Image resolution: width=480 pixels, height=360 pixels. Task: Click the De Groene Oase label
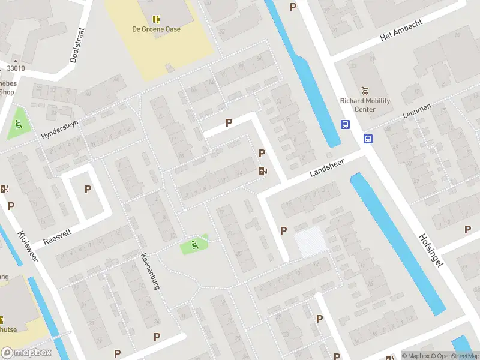pos(156,29)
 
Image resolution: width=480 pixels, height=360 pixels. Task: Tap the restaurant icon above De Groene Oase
pos(156,19)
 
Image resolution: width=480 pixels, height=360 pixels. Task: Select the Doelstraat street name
pos(76,44)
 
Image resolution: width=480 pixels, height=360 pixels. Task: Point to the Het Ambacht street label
pos(401,30)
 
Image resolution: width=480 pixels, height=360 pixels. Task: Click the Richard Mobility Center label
pos(365,105)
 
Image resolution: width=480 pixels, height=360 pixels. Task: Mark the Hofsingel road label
pos(431,250)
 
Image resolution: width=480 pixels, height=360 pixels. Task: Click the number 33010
pos(16,68)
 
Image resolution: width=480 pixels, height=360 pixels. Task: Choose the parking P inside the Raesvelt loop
pos(88,189)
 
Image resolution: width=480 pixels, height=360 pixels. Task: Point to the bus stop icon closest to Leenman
pos(367,139)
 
